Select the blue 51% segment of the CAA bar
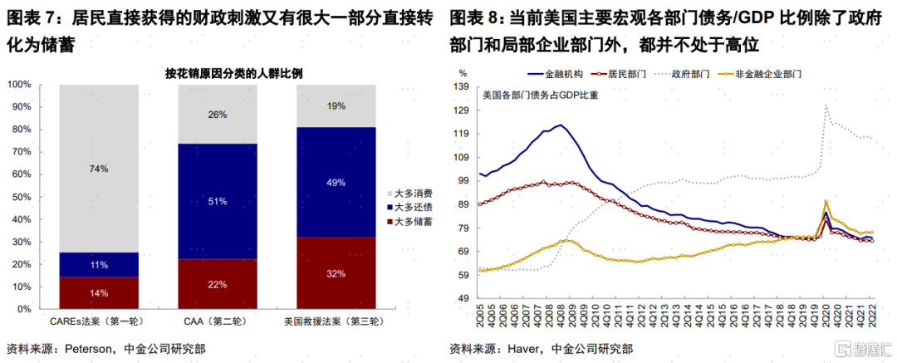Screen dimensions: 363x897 tap(218, 199)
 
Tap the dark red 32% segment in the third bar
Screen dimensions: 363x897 tap(336, 273)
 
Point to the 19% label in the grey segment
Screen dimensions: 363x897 tap(336, 105)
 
